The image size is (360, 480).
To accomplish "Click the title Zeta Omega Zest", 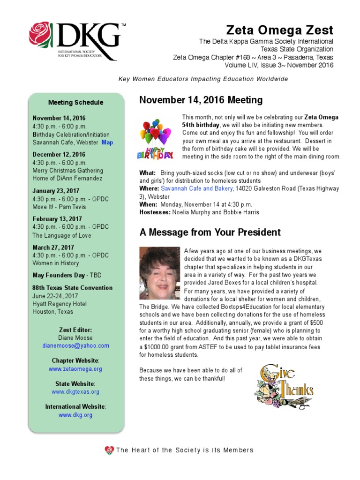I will (x=279, y=31).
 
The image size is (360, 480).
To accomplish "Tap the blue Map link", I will (x=107, y=142).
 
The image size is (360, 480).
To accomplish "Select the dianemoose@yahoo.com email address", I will (x=75, y=346).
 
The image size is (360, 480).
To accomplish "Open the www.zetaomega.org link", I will (x=75, y=369).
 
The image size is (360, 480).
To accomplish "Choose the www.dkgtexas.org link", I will (x=75, y=392).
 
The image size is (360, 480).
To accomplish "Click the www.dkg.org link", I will (x=75, y=415).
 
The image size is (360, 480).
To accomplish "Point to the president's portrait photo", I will (x=159, y=273).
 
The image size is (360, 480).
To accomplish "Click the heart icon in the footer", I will (x=109, y=450).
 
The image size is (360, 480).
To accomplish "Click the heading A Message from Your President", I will (x=210, y=232).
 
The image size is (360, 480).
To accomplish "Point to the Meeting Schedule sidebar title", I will (x=75, y=103).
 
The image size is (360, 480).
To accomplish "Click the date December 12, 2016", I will (x=59, y=154).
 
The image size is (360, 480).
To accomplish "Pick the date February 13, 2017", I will (x=57, y=219).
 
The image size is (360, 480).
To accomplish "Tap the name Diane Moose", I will (x=75, y=338).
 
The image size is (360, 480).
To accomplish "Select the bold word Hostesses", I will (x=155, y=212).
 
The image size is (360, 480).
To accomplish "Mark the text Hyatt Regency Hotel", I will (x=60, y=304).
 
